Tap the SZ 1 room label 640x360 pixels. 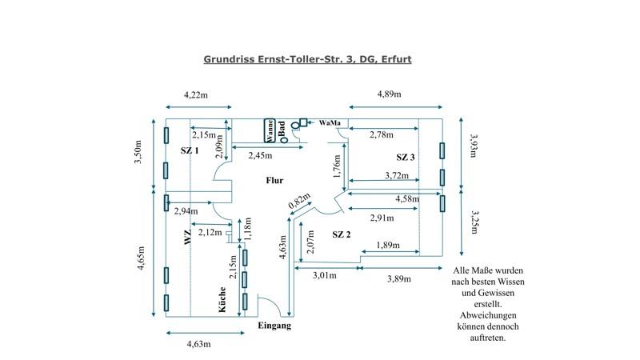190,150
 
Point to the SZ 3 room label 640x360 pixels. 406,157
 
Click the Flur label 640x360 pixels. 274,181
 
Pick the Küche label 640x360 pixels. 225,300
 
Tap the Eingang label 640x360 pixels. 274,326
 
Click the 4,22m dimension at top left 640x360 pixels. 197,94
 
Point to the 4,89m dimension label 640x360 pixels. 389,94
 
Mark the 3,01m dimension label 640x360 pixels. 323,276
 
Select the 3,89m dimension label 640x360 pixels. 398,278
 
